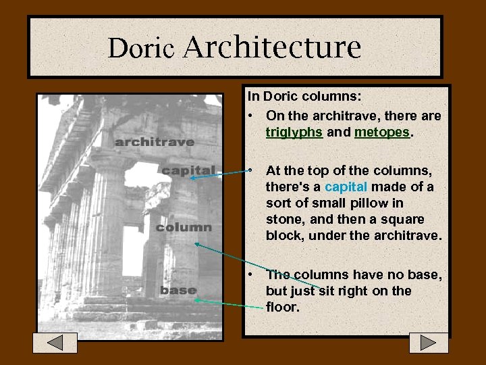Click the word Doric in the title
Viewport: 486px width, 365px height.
(142, 48)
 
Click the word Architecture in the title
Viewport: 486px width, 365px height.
(272, 47)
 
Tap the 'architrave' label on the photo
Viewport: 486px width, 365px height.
(154, 142)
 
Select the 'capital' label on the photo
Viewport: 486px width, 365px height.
(188, 170)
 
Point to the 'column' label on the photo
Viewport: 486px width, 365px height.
(183, 228)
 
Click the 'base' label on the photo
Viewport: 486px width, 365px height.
(178, 291)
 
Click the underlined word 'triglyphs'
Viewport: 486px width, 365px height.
(294, 132)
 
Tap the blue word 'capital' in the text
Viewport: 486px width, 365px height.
(346, 187)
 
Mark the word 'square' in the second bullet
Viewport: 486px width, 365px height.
(403, 219)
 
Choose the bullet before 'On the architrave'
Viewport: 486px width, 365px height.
(250, 116)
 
